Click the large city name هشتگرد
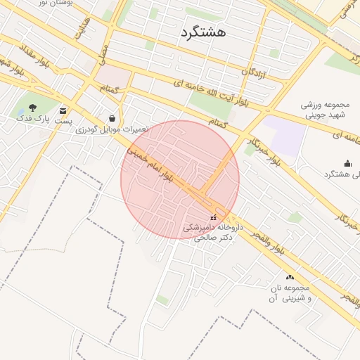tap(203, 32)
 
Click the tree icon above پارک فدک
tap(32, 108)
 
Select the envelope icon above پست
tap(63, 110)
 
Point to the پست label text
tap(64, 121)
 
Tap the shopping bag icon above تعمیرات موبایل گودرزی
tap(112, 118)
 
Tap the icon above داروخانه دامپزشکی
tap(214, 217)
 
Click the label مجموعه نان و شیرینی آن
tap(288, 293)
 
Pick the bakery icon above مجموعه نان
tap(289, 277)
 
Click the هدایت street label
tap(82, 28)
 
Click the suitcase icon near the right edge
tap(347, 163)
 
